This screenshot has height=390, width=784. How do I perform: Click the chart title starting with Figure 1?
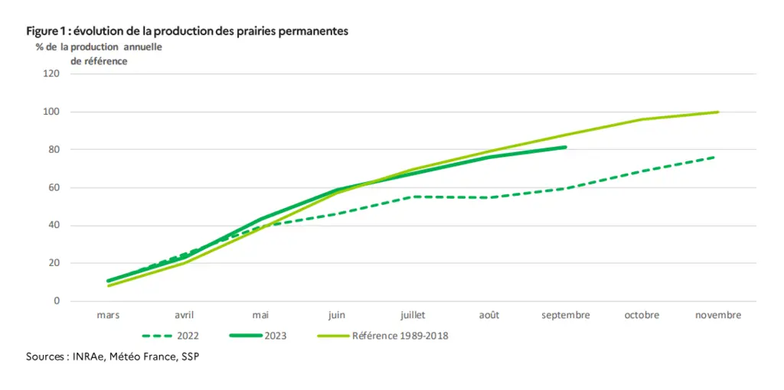click(x=187, y=31)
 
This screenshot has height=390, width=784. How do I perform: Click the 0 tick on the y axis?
click(x=57, y=301)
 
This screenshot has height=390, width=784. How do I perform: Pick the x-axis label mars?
click(x=108, y=315)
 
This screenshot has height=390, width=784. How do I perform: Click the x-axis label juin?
click(x=337, y=316)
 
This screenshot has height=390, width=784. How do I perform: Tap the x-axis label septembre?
click(x=566, y=316)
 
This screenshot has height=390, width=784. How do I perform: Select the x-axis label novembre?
click(x=718, y=315)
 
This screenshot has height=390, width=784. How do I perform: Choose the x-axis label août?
click(x=489, y=315)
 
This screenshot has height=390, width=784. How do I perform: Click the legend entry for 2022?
click(x=170, y=336)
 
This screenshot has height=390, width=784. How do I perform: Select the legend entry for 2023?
click(x=258, y=336)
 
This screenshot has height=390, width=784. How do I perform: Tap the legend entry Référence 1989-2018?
click(x=383, y=336)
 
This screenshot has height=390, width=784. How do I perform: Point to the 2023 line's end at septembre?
click(x=566, y=147)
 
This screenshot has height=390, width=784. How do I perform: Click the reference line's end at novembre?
click(x=718, y=112)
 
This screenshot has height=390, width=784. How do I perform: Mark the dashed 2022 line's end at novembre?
click(x=715, y=157)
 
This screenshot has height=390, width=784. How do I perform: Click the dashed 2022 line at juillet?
click(x=413, y=197)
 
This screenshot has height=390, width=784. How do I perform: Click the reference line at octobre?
click(x=642, y=119)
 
